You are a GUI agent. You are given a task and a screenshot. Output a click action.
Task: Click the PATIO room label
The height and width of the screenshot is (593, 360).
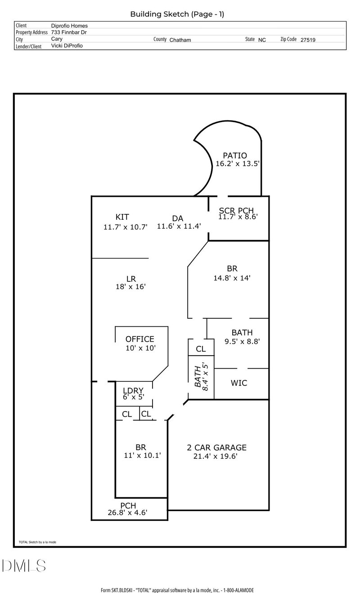click(x=235, y=155)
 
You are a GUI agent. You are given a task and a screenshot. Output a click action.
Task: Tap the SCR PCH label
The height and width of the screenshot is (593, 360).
click(x=236, y=210)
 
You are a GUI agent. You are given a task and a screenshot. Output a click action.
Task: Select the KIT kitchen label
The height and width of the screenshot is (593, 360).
click(x=122, y=217)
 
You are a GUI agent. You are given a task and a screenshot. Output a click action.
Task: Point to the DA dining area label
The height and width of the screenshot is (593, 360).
click(x=177, y=218)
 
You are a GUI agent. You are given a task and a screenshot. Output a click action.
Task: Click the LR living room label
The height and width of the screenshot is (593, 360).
click(x=131, y=279)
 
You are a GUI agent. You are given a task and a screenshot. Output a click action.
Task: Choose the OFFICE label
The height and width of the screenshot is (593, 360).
click(x=139, y=339)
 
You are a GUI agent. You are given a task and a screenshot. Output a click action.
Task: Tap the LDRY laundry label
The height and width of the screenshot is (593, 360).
click(x=133, y=390)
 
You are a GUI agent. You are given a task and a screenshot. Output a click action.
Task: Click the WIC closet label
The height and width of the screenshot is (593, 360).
click(x=239, y=383)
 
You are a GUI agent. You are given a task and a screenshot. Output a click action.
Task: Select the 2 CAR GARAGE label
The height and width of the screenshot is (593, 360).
click(x=216, y=448)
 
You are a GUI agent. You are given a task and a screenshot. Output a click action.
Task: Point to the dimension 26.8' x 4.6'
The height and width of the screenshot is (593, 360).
click(x=127, y=513)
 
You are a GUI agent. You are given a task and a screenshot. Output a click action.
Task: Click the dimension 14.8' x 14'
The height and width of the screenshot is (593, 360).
click(x=232, y=278)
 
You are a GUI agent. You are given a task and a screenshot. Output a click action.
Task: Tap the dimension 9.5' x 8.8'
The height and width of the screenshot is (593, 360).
click(x=242, y=341)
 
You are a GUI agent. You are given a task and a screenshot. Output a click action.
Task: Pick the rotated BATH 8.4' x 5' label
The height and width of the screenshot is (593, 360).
click(x=201, y=377)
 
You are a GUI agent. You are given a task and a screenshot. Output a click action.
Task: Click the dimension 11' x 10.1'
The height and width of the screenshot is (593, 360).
click(x=142, y=455)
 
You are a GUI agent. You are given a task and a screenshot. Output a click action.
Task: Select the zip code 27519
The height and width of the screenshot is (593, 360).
click(x=308, y=40)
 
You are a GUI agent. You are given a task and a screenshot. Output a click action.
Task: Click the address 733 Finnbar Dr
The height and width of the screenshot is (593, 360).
click(x=69, y=32)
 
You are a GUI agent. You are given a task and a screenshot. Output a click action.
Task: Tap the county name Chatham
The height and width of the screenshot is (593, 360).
click(x=180, y=40)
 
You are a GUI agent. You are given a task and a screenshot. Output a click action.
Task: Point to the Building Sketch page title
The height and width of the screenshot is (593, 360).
click(x=177, y=14)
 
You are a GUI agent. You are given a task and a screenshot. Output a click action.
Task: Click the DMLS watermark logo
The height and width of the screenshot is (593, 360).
click(x=24, y=566)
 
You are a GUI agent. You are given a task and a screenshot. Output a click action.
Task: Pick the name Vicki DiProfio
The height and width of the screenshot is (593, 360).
click(x=67, y=46)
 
